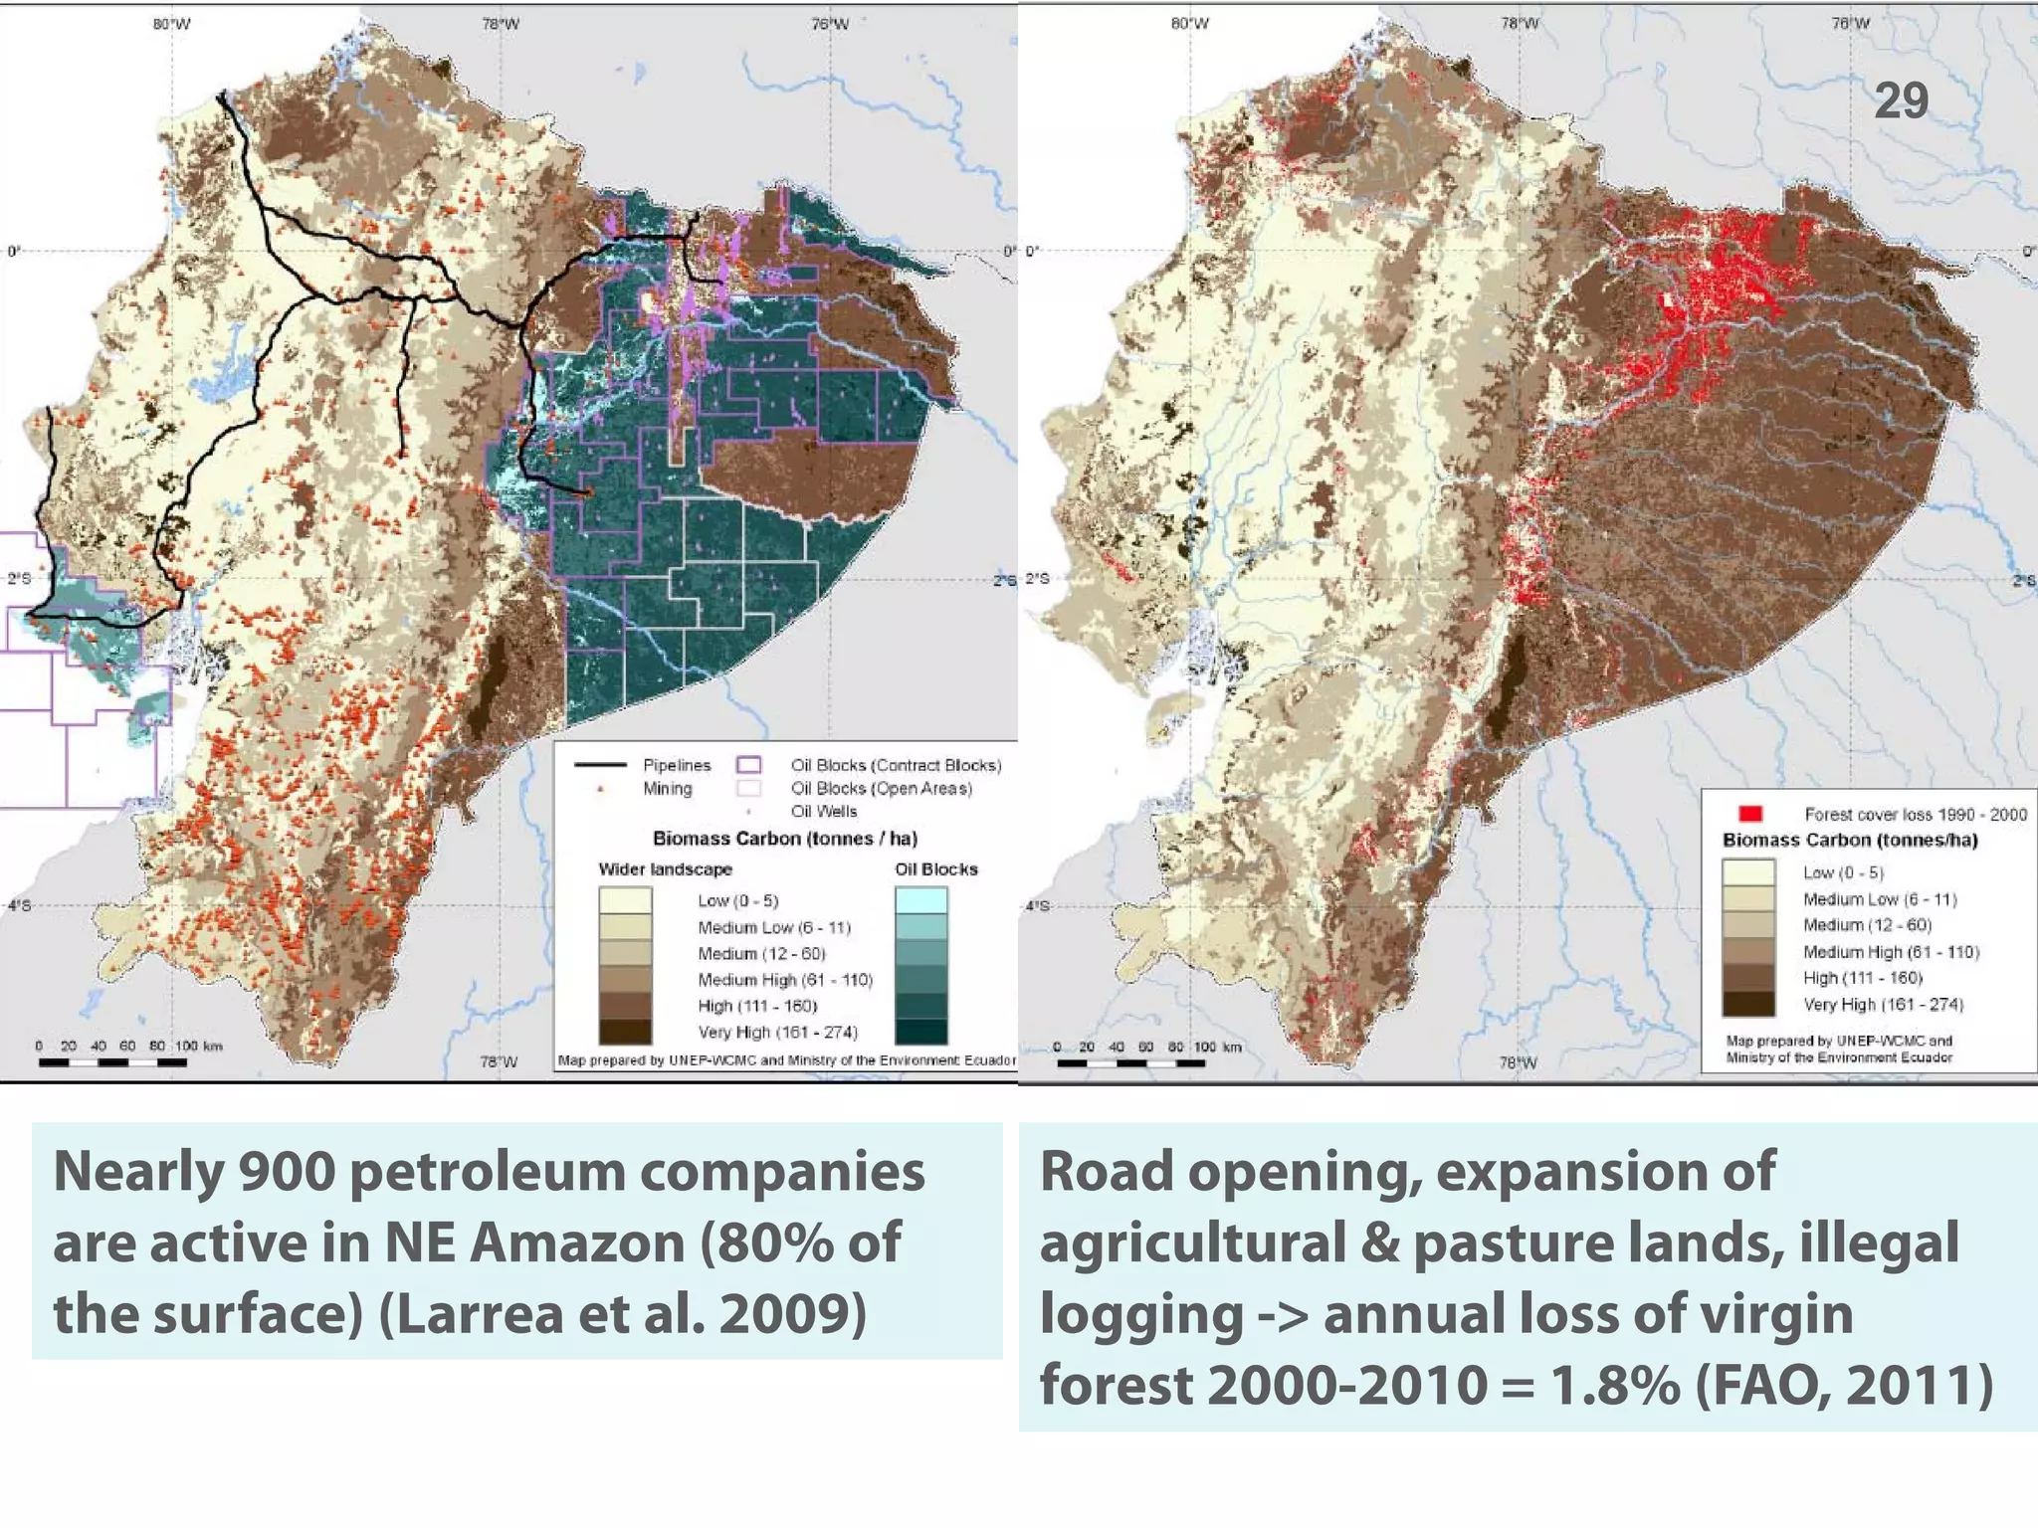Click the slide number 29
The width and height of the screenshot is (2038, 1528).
coord(1901,100)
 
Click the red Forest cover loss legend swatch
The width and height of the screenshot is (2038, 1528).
coord(1749,814)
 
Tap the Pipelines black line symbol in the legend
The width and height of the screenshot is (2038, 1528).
coord(600,765)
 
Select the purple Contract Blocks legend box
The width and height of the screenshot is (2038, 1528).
coord(748,765)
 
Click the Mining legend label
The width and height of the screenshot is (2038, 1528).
coord(667,789)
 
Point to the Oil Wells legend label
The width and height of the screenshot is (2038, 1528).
coord(823,812)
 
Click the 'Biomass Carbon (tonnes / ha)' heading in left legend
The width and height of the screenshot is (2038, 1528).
coord(784,839)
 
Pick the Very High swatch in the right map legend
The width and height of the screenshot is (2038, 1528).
coord(1748,1004)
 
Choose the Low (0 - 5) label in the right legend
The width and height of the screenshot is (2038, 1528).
coord(1843,872)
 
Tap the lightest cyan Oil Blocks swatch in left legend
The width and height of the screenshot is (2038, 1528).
coord(920,900)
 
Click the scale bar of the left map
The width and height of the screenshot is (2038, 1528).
coord(112,1062)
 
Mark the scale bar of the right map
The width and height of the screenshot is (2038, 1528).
coord(1130,1062)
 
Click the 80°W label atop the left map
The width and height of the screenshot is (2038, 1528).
coord(171,24)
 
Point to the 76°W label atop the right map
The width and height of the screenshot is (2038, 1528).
coord(1850,24)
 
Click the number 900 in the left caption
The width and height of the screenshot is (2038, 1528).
coord(287,1172)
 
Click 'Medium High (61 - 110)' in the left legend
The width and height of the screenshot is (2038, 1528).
coord(784,980)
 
